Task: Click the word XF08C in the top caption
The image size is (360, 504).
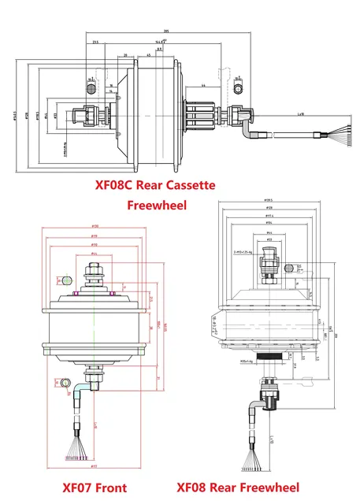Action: tap(113, 186)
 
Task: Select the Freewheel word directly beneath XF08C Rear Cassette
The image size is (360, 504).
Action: tap(155, 206)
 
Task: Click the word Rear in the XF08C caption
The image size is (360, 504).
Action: tap(148, 186)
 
